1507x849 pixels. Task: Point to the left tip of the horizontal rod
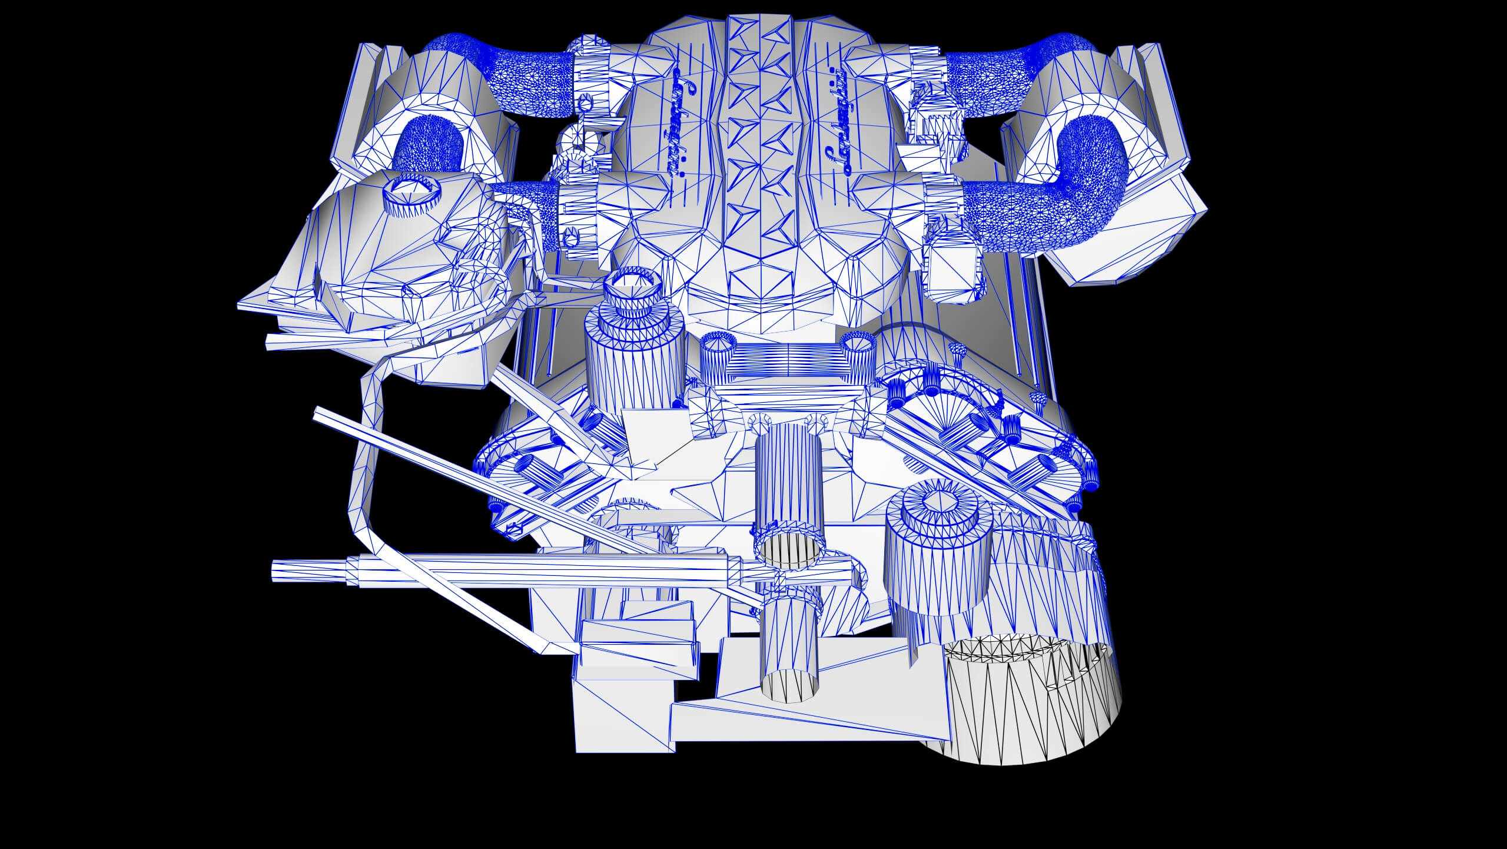pos(275,571)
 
